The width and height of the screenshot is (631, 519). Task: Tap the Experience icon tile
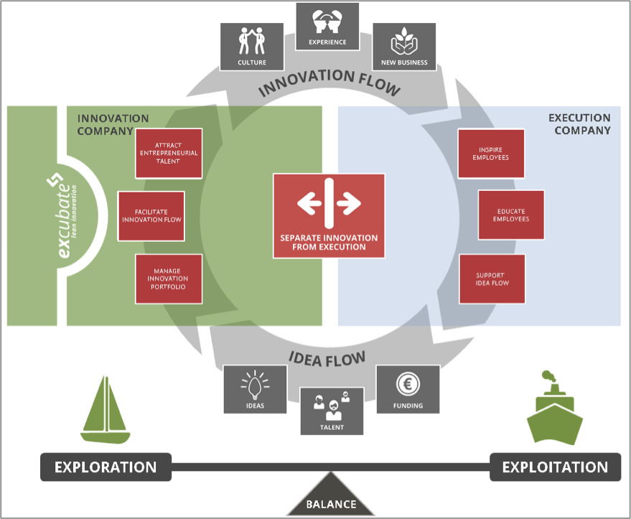point(327,27)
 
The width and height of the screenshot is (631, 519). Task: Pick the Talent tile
point(332,411)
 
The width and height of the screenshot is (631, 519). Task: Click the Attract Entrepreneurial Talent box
point(169,153)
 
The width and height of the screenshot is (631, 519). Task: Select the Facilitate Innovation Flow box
point(151,215)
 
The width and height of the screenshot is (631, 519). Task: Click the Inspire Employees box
point(491,153)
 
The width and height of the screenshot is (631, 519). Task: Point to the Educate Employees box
point(511,215)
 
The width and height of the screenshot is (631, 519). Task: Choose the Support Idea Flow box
point(492,279)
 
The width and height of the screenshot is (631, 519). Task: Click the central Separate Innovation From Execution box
point(329,215)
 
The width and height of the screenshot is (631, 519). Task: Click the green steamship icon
point(554,409)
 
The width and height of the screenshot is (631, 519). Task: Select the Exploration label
point(106,467)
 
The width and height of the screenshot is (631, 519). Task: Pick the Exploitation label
point(555,467)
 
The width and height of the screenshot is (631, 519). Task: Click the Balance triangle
point(331,500)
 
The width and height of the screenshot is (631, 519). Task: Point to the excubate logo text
point(65,218)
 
